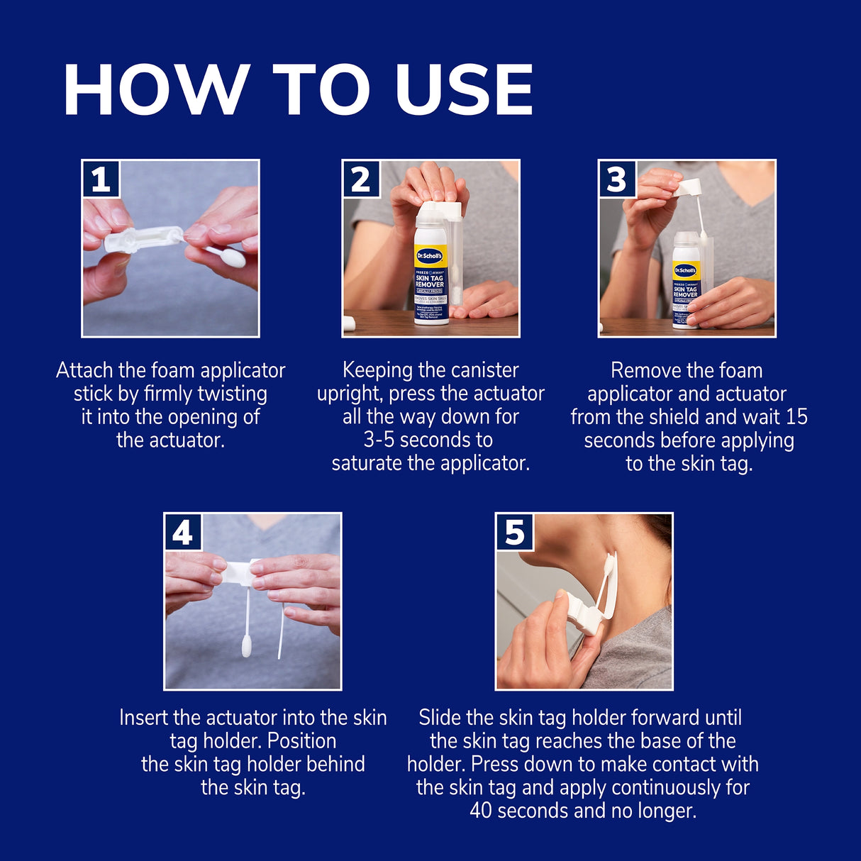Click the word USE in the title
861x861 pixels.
point(464,89)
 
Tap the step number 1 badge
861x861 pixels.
point(101,179)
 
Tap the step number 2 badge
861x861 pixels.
point(361,179)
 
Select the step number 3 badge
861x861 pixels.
point(617,179)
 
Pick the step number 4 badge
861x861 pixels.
point(183,532)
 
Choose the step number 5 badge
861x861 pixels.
point(514,532)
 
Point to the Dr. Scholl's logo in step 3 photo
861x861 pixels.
point(685,270)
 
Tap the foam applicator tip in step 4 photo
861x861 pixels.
point(247,647)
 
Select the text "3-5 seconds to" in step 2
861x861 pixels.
point(428,440)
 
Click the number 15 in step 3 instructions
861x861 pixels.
point(796,416)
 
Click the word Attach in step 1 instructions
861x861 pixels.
point(84,370)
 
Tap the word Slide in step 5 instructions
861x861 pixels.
point(440,717)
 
